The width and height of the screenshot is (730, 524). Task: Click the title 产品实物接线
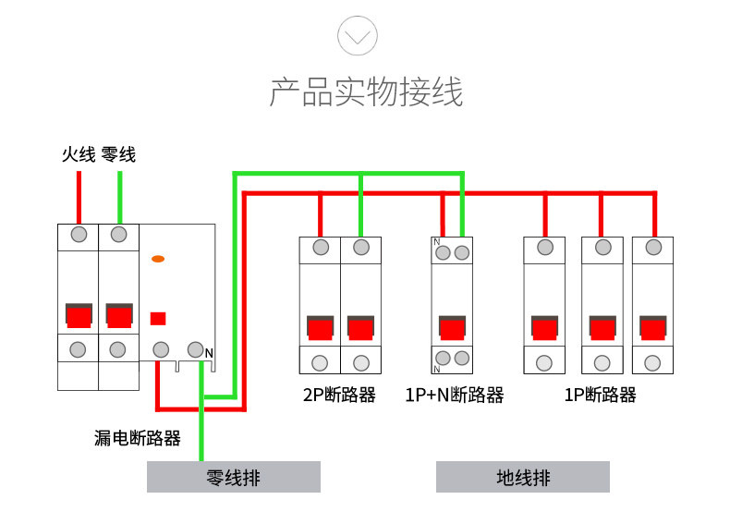(366, 93)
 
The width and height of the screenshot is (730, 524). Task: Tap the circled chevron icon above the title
(358, 36)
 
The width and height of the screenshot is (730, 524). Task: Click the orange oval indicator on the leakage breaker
(158, 259)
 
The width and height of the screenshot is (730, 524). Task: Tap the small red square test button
(158, 319)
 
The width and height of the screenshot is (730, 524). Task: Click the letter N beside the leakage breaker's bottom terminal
(209, 353)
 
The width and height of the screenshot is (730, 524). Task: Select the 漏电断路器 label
(138, 438)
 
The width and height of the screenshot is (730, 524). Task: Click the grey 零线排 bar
(233, 478)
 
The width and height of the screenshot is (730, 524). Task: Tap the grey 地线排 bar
(523, 478)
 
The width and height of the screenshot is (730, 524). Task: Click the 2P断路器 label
(339, 396)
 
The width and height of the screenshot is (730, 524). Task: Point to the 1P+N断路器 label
(455, 396)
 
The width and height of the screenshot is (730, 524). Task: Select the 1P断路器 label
(601, 396)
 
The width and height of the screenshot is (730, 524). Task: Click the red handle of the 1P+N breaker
(452, 329)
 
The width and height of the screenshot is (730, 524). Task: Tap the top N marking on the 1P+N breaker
(436, 242)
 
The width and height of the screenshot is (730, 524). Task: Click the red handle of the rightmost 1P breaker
(653, 329)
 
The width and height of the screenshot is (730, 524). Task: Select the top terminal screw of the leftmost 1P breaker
(545, 248)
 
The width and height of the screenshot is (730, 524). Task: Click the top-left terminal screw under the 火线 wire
(79, 234)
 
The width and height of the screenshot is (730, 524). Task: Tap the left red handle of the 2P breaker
(321, 329)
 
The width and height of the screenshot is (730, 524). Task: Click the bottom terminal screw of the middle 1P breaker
(602, 363)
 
